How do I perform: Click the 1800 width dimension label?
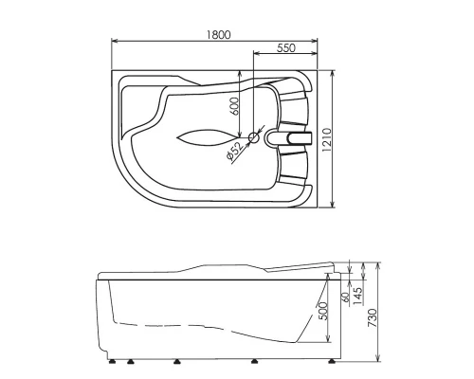click(x=219, y=34)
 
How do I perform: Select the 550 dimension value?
click(x=286, y=47)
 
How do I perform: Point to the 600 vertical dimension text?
click(x=234, y=106)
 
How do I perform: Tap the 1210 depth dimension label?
click(x=327, y=139)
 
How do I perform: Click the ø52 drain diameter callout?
click(x=234, y=151)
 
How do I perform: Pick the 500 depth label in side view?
click(x=322, y=311)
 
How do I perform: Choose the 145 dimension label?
click(x=357, y=296)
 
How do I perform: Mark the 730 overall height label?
click(x=373, y=317)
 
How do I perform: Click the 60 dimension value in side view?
click(x=346, y=297)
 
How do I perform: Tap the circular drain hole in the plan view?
click(x=253, y=137)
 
